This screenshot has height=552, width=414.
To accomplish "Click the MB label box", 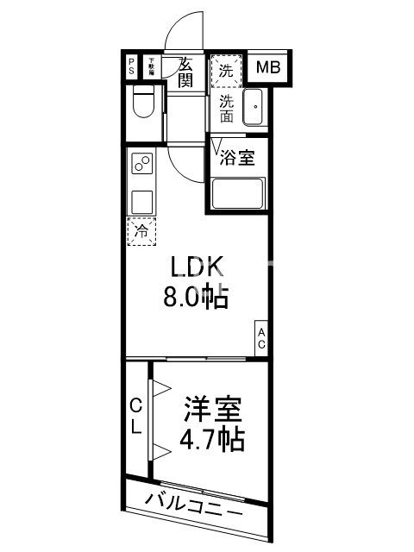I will coord(268,66).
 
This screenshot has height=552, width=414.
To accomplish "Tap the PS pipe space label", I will coord(131,66).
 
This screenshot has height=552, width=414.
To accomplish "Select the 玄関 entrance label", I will coord(185,72).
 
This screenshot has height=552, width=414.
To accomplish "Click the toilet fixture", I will coord(143,103).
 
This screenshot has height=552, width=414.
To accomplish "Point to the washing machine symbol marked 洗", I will coord(225,72).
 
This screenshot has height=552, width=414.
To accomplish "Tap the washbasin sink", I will coord(254,107).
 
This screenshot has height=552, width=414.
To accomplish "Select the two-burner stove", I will coord(141,164).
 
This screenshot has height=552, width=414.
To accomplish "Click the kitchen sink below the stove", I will coord(141,200).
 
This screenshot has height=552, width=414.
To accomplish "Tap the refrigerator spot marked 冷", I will coord(141,230).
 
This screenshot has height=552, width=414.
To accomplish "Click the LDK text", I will coord(195,268).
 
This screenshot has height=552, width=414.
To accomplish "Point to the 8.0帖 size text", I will coord(195,298).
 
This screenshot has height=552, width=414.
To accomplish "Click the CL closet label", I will coord(136,416).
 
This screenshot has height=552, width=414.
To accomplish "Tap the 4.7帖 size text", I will coord(212,439).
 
